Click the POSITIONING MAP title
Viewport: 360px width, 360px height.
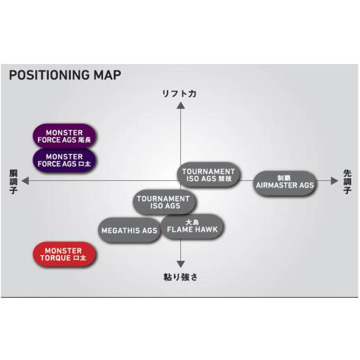(64, 75)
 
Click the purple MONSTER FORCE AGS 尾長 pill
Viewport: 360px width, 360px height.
(64, 136)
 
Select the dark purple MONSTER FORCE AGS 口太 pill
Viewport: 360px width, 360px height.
(64, 160)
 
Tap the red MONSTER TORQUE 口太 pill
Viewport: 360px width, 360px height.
(64, 255)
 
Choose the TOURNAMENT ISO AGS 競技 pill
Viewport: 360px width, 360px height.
(209, 175)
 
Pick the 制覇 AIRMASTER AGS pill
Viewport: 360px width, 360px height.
(284, 182)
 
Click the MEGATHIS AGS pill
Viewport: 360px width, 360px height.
(129, 231)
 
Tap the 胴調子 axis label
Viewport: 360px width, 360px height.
(13, 181)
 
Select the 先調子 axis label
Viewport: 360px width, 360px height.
(347, 181)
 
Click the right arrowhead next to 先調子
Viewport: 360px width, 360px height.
(335, 181)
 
